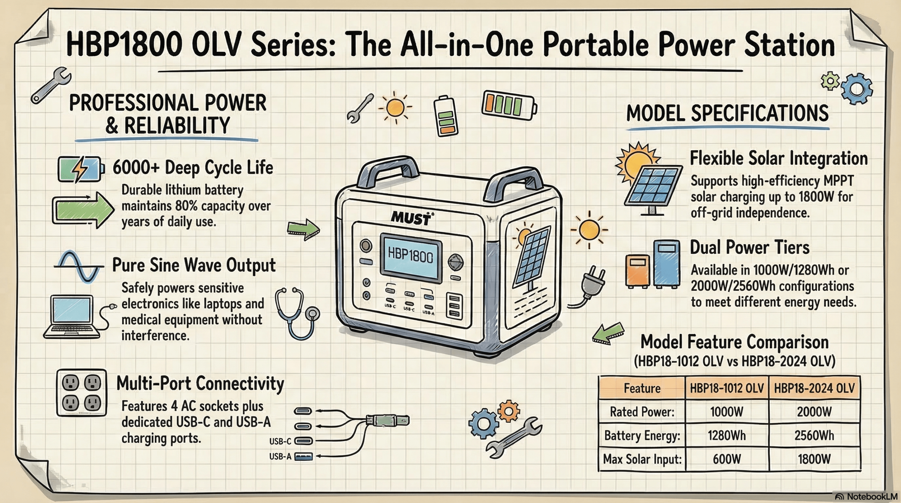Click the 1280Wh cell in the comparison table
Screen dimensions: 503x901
(x=726, y=435)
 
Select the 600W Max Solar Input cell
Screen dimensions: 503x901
(x=726, y=459)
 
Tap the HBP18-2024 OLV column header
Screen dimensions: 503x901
(x=814, y=388)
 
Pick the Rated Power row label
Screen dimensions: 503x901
(x=642, y=411)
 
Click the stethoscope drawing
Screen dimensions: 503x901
(x=297, y=313)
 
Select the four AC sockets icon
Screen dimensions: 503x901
(x=82, y=392)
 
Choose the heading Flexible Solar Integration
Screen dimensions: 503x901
(x=778, y=158)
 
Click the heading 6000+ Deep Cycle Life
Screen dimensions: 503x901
(x=193, y=167)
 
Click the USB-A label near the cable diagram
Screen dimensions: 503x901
(x=280, y=457)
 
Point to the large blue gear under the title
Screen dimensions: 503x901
(x=856, y=89)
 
